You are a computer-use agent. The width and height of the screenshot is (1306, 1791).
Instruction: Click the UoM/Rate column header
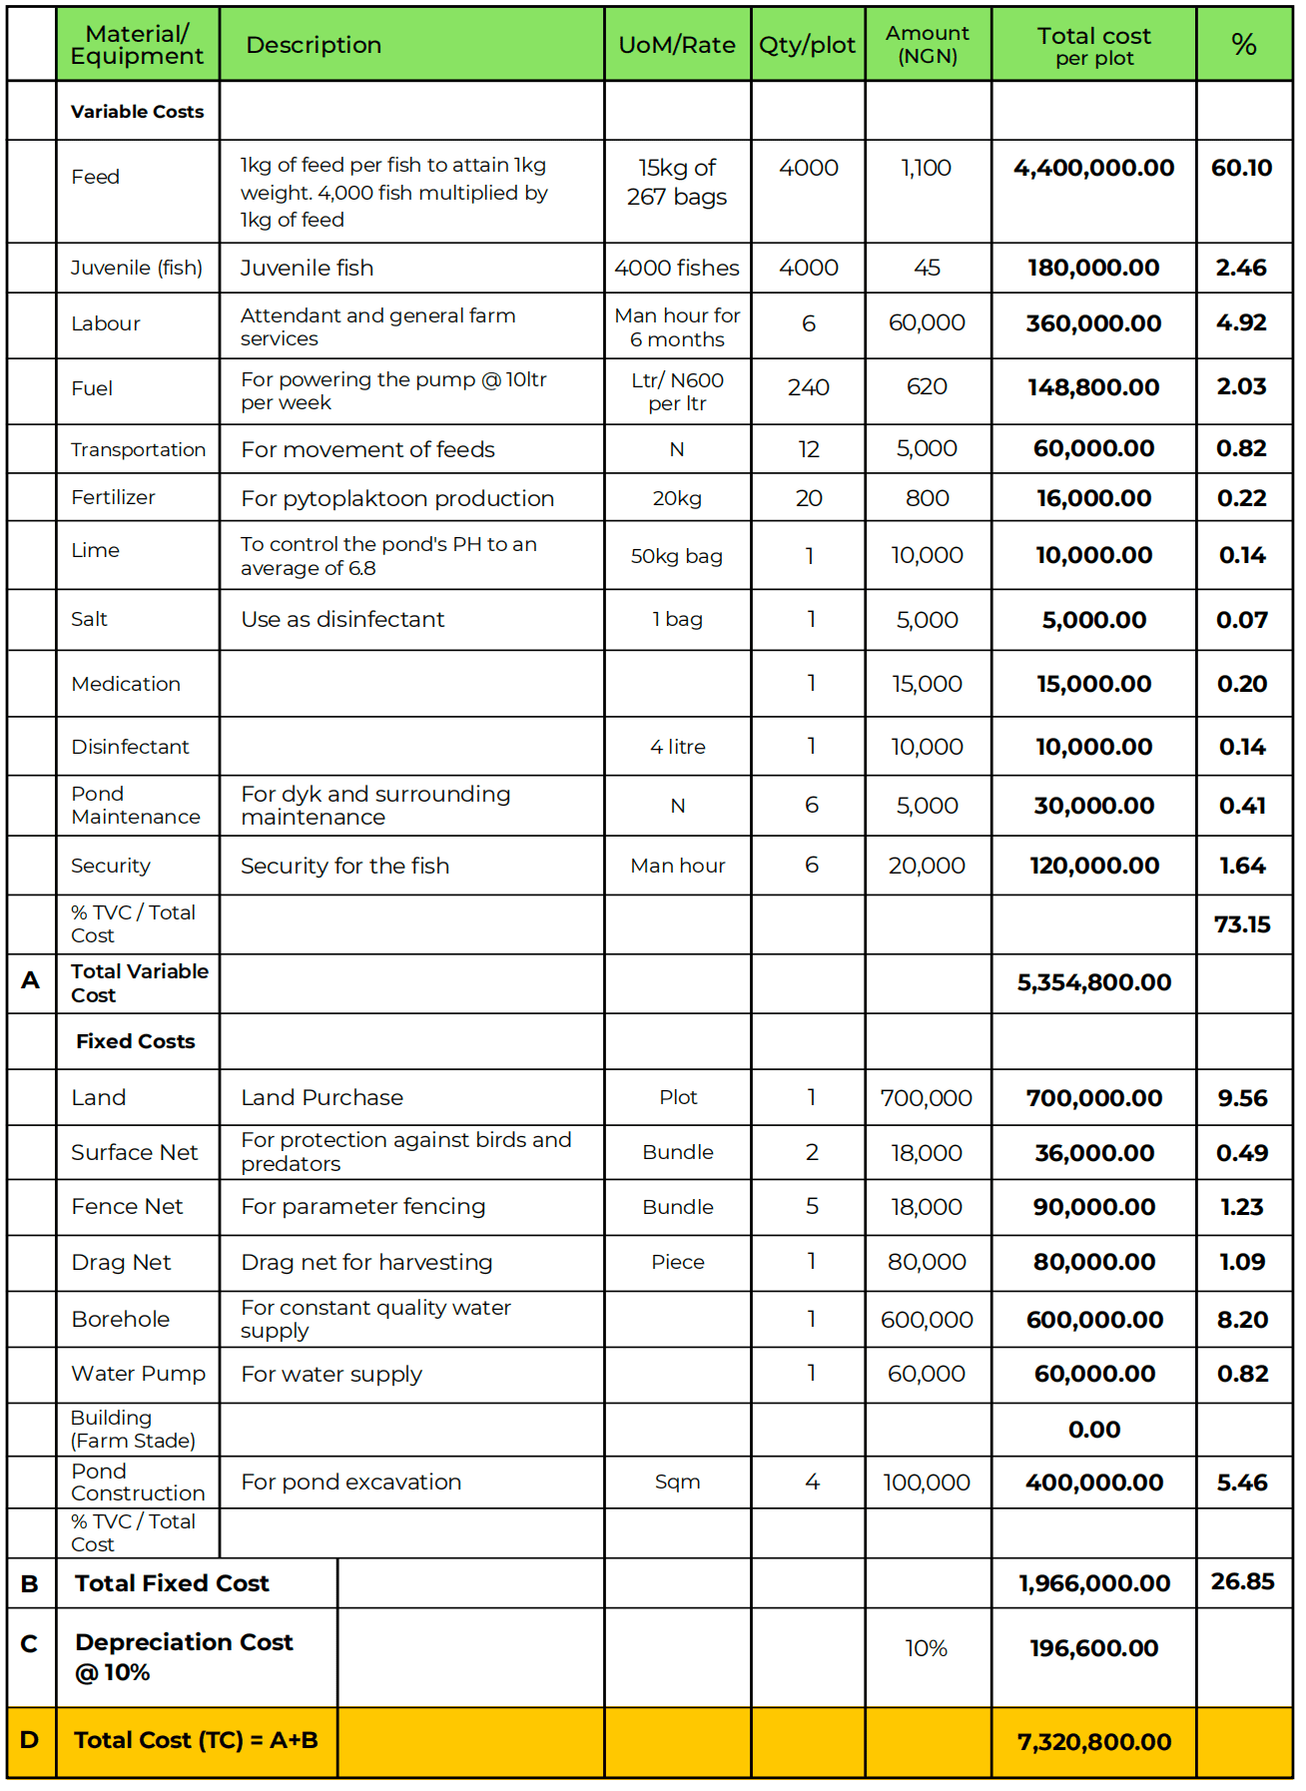677,45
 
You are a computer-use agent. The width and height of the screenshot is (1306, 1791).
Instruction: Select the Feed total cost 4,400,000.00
1093,168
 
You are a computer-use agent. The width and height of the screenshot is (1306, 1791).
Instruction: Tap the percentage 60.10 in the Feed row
1242,168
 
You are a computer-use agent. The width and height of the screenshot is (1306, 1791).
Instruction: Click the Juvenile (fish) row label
137,268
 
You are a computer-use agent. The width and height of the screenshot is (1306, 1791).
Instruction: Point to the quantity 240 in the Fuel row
808,387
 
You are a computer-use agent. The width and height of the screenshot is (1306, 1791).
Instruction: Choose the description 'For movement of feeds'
367,449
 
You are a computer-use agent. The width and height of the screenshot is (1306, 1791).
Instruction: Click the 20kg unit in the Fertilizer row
677,498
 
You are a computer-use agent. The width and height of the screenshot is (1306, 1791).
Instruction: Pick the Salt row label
90,619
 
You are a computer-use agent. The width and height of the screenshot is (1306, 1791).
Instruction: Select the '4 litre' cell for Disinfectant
677,747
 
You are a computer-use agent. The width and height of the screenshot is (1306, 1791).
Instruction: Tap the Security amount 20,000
927,866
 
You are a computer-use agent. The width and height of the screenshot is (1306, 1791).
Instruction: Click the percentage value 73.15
1242,924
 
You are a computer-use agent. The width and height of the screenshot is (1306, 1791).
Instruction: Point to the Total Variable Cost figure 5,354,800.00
1093,982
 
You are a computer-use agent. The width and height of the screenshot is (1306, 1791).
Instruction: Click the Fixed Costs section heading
136,1041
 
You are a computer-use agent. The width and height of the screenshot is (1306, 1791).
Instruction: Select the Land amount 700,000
927,1098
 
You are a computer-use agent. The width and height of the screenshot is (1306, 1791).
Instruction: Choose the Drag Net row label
121,1262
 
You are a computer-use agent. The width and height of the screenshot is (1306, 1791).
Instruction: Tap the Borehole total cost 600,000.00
1094,1320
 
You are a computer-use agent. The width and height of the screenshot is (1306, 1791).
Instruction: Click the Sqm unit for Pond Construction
677,1482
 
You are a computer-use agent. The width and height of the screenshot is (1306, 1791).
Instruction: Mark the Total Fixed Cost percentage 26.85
1242,1582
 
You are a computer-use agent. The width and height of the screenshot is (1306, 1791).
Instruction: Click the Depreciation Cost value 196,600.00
1094,1648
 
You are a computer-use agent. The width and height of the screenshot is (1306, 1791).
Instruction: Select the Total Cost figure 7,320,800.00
1094,1742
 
